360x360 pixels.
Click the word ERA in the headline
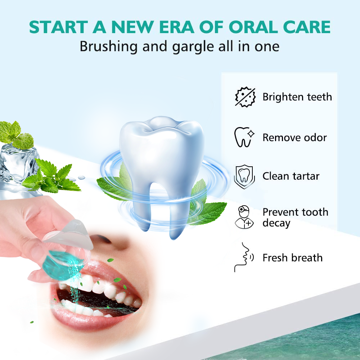point(176,27)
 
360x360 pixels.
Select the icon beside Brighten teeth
point(245,97)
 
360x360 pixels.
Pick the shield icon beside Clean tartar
point(244,176)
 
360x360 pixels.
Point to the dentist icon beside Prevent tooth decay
point(244,217)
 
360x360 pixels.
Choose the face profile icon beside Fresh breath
point(244,257)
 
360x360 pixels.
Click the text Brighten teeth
point(297,97)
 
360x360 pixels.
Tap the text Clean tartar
point(291,176)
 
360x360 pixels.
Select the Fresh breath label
point(292,258)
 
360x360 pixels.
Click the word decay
point(276,223)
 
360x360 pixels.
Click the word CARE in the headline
point(307,27)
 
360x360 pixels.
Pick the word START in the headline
point(59,27)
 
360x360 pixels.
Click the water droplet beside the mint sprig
point(81,177)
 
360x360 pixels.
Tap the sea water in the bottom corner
point(298,342)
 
